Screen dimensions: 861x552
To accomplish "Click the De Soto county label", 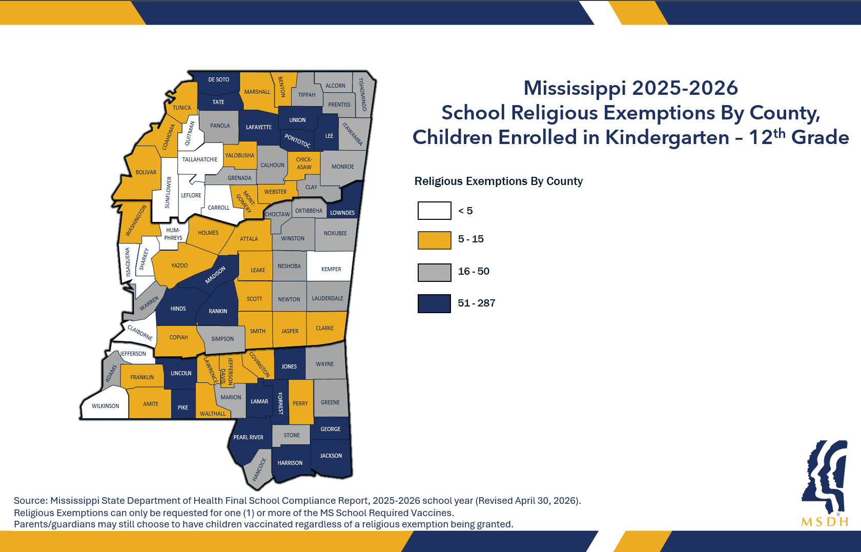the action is pos(219,79).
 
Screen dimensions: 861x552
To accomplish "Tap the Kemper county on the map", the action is pos(330,266).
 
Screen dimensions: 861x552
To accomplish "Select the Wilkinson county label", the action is pos(106,406).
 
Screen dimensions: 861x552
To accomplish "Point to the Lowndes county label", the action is pos(342,213).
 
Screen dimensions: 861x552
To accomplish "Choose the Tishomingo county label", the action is pos(362,94).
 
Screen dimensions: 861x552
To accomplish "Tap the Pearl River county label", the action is pos(248,437).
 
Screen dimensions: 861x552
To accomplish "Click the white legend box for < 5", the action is pos(435,211).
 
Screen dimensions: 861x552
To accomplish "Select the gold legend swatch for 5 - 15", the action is pos(435,240).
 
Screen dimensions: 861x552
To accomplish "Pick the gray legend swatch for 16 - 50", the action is pos(435,273).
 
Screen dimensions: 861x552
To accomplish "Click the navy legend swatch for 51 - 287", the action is pos(435,303).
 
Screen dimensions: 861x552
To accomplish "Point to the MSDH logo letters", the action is pos(825,522).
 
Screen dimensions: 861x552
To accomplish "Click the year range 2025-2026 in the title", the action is pos(685,88).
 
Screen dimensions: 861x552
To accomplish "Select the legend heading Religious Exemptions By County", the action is pos(499,181).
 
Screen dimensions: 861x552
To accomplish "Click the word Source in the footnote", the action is pos(29,500).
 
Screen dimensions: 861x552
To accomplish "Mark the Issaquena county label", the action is pos(128,262).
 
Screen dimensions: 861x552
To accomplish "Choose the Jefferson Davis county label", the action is pos(227,371).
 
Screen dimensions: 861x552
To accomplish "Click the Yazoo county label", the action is pos(179,265).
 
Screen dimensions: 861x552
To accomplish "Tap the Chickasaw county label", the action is pos(304,163).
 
